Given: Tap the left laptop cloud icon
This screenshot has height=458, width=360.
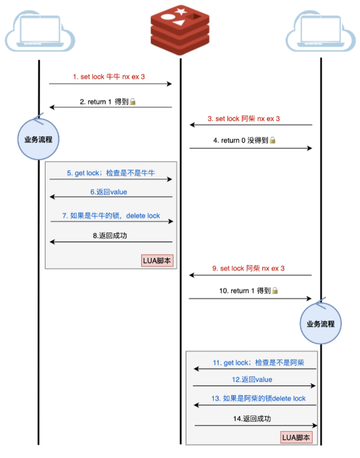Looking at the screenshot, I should click(40, 32).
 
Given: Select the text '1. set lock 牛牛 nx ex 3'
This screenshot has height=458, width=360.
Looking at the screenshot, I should click(108, 77).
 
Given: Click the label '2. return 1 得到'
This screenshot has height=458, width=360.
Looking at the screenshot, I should click(104, 102).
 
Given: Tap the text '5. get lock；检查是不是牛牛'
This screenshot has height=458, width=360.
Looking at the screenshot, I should click(111, 173).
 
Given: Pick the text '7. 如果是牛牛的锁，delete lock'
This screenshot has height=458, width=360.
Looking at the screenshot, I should click(111, 215).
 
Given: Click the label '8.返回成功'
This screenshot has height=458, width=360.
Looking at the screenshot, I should click(110, 236).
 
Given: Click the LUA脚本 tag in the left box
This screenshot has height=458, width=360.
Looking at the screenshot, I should click(158, 261).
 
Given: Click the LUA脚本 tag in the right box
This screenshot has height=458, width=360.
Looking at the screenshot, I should click(297, 437).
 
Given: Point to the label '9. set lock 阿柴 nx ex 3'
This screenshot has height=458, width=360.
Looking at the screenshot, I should click(248, 269).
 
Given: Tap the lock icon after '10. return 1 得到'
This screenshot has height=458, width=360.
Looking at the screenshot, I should click(275, 291).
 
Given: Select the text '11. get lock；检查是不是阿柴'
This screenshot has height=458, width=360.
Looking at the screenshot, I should click(255, 363).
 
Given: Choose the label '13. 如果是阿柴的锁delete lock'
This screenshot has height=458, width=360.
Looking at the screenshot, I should click(255, 399).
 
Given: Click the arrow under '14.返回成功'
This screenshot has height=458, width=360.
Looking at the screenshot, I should click(255, 426).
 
